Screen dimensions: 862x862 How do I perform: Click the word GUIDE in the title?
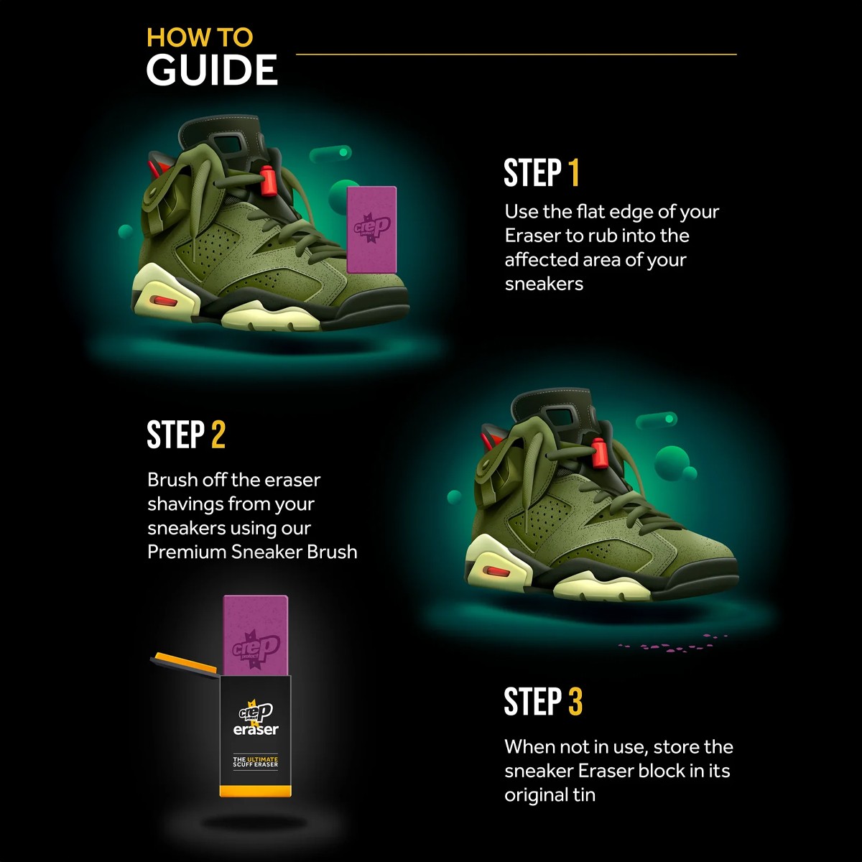coord(212,70)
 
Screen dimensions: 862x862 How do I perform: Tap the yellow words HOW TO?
coord(200,37)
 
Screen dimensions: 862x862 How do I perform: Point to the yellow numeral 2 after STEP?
coord(218,435)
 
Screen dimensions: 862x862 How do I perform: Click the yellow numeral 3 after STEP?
coord(575,701)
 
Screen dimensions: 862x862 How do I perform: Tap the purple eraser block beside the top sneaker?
coord(371,229)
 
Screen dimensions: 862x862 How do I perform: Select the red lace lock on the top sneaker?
coord(267,179)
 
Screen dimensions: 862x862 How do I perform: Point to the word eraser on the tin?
coord(256,730)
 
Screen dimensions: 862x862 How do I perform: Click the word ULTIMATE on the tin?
coord(263,759)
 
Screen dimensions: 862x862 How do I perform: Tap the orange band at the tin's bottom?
coord(256,790)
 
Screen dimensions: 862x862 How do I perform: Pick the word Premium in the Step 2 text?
coord(186,552)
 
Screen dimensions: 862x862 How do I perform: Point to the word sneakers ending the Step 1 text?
coord(544,284)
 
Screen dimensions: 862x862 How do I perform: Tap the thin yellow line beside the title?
coord(516,55)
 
